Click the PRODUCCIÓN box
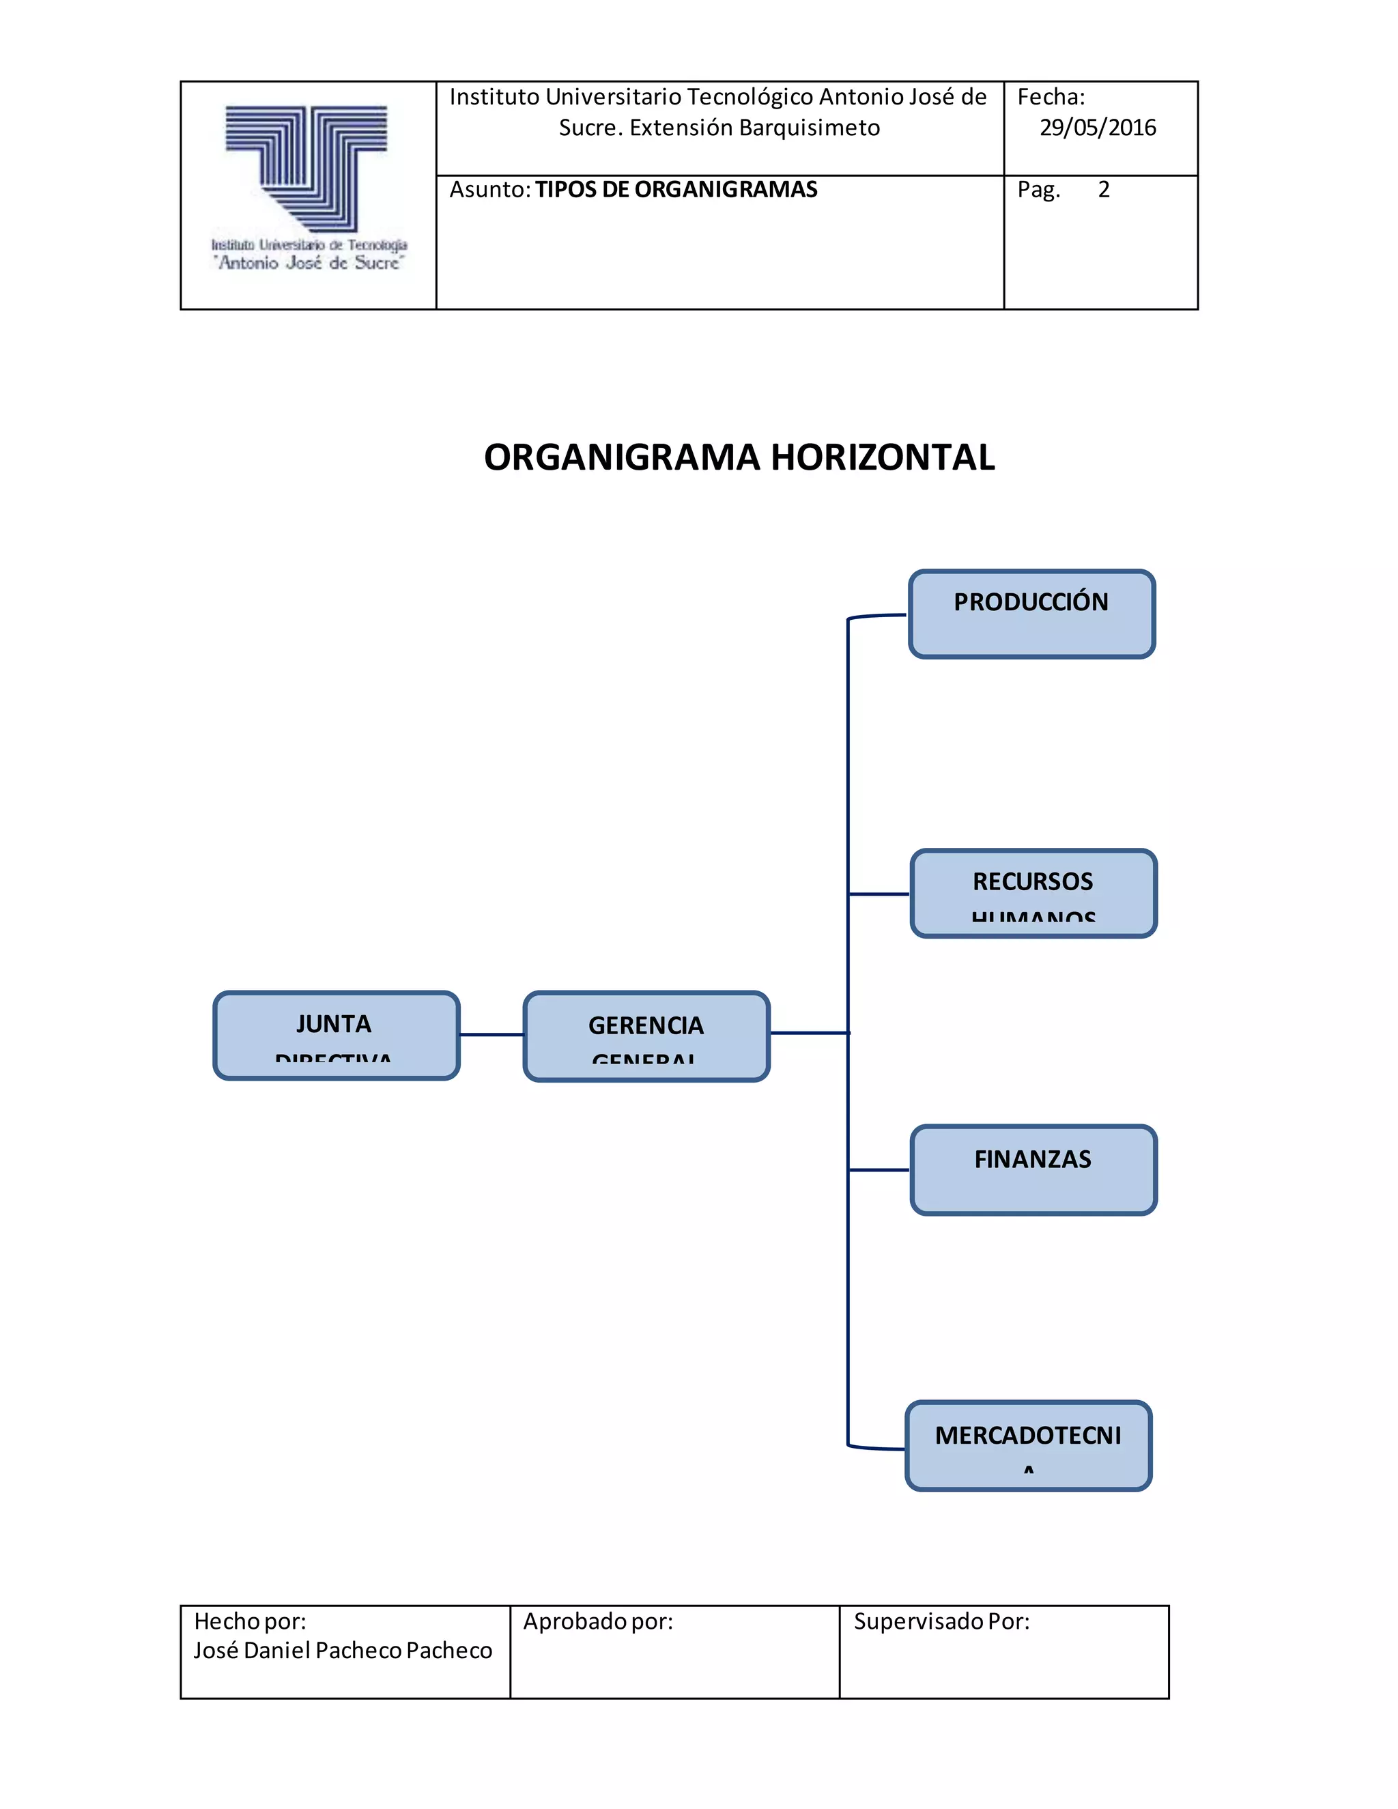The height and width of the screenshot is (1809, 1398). click(x=1031, y=614)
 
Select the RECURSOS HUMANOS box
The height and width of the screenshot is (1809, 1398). click(x=1033, y=893)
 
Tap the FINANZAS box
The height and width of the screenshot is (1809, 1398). click(x=1033, y=1169)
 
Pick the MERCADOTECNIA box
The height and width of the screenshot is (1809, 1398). click(x=1028, y=1445)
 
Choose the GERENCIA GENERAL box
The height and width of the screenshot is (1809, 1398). click(x=646, y=1036)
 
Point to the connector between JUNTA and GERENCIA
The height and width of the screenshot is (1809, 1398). click(x=491, y=1034)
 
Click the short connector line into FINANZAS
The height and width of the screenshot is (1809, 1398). click(x=879, y=1169)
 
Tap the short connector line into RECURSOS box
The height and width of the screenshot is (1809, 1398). click(x=879, y=894)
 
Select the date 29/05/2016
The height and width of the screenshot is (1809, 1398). click(x=1098, y=128)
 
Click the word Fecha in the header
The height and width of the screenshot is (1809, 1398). click(x=1050, y=98)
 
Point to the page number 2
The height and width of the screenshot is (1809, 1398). click(x=1103, y=190)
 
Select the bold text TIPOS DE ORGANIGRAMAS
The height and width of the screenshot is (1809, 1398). click(x=676, y=190)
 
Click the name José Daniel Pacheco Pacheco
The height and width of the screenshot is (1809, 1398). click(x=343, y=1650)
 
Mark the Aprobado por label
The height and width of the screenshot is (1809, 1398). click(x=597, y=1621)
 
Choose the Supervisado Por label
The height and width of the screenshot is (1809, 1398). click(x=941, y=1621)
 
